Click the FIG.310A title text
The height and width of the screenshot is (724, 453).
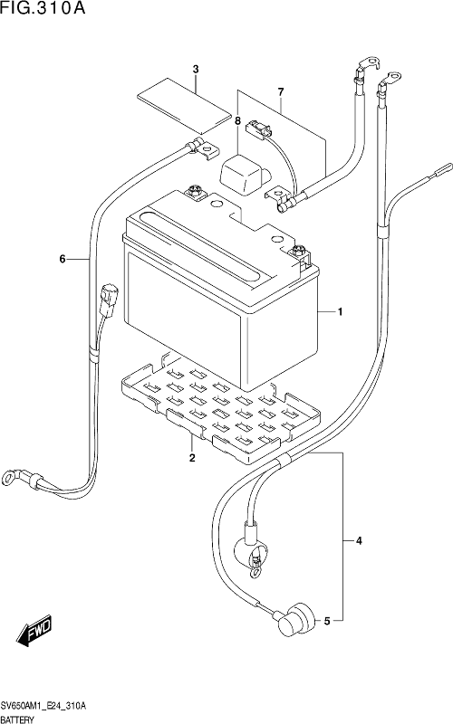tap(43, 8)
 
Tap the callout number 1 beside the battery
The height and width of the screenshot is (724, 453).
tap(341, 312)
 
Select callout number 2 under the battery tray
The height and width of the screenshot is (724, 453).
tap(192, 458)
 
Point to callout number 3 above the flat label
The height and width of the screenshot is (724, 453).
tap(196, 70)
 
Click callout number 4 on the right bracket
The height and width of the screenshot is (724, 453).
tap(359, 540)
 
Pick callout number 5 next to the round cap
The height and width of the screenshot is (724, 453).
tap(327, 621)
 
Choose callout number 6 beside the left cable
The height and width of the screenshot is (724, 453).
tap(63, 259)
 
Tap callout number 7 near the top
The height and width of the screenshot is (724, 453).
tap(281, 92)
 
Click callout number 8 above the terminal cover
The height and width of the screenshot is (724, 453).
tap(237, 121)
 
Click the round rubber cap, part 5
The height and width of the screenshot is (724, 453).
tap(299, 620)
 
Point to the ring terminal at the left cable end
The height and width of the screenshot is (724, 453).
tap(10, 474)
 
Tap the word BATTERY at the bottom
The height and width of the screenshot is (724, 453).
tap(17, 719)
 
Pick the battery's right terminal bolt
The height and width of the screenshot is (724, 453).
tap(298, 252)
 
